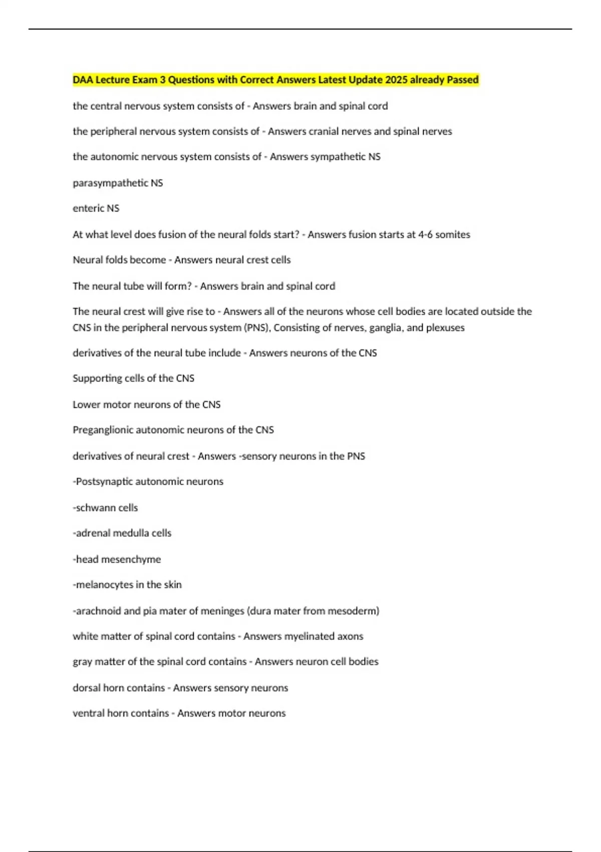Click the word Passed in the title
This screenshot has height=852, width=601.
(x=462, y=80)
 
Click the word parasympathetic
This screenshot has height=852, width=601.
(x=110, y=183)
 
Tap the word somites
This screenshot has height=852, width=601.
(x=453, y=235)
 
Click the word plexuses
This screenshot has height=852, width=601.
(x=445, y=328)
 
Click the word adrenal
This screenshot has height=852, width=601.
(x=93, y=533)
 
